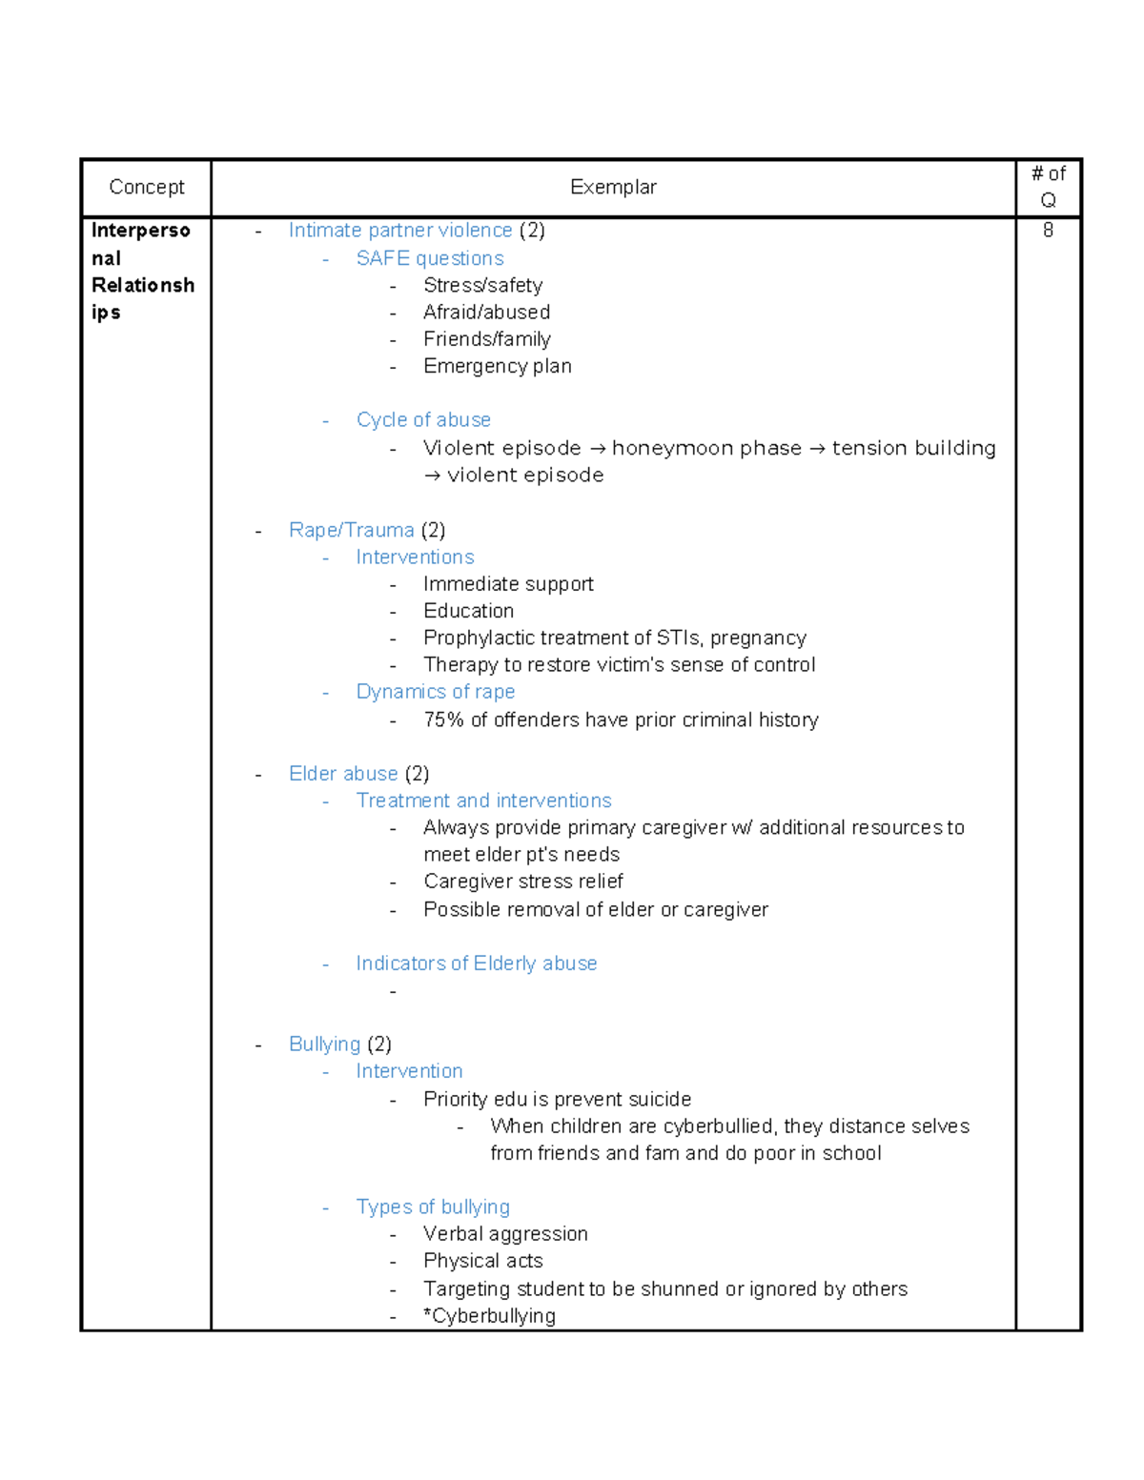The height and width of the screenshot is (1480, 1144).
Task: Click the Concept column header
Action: click(x=146, y=187)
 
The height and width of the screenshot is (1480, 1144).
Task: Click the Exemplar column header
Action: click(x=613, y=187)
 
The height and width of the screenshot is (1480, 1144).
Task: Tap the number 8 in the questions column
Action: click(x=1048, y=230)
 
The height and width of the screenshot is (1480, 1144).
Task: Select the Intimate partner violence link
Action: click(x=400, y=230)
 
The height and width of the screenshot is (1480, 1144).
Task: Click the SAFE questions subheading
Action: click(x=430, y=258)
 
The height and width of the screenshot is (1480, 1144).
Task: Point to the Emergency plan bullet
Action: click(x=497, y=366)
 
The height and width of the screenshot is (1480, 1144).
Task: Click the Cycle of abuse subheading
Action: click(x=423, y=419)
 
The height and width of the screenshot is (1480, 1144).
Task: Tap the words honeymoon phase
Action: click(x=706, y=448)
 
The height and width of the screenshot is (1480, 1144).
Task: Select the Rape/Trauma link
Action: click(x=351, y=530)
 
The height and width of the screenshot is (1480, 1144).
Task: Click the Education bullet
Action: click(x=468, y=611)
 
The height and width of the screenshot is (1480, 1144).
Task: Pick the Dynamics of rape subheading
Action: click(x=435, y=691)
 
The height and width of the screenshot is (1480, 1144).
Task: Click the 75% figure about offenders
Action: click(x=443, y=720)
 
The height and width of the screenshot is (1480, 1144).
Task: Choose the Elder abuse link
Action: click(x=343, y=773)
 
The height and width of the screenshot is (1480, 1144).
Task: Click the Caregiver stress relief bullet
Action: click(x=522, y=882)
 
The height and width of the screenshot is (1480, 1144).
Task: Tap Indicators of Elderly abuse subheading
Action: click(x=476, y=963)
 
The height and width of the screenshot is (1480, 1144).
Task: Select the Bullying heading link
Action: click(x=324, y=1044)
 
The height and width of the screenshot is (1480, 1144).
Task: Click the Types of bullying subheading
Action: click(x=433, y=1206)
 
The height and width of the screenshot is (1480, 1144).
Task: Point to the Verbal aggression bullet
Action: click(x=505, y=1233)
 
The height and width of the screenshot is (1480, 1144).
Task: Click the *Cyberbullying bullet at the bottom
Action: click(x=489, y=1315)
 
